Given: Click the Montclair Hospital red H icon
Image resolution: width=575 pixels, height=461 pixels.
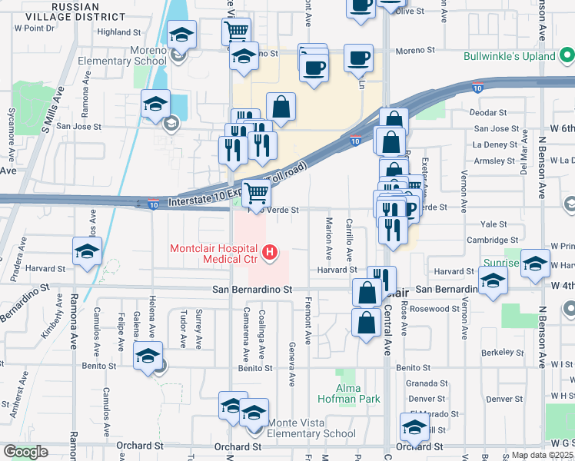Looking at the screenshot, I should [x=269, y=251].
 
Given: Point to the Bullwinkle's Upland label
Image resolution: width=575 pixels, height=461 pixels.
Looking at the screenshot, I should [x=509, y=56].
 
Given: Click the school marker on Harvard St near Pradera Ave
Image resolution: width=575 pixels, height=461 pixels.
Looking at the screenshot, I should [x=88, y=252].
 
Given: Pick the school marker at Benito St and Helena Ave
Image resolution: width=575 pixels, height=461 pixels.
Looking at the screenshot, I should [x=148, y=357].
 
